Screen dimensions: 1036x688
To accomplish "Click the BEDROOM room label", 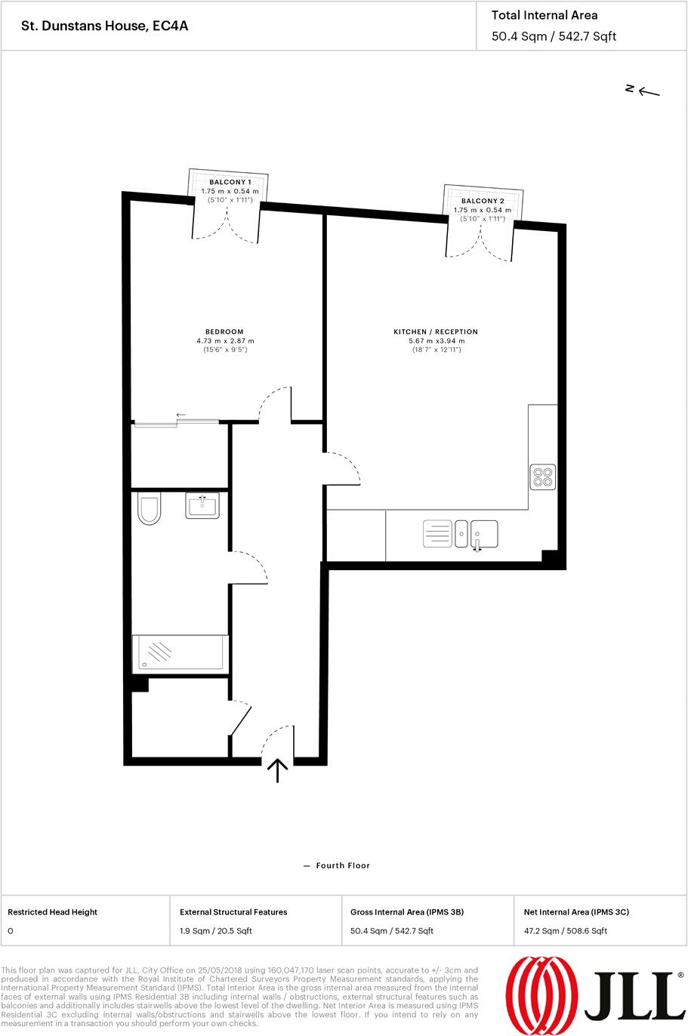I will [x=224, y=331].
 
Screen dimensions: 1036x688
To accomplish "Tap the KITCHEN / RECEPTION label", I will [x=436, y=331].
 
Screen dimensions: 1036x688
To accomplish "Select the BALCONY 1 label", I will [x=230, y=183].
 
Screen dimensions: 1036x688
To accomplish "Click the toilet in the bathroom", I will [x=150, y=509].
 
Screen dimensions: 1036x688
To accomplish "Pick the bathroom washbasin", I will [x=202, y=505].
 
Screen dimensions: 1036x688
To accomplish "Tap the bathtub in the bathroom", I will [x=180, y=653].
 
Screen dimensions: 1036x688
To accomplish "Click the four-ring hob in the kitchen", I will [x=543, y=476].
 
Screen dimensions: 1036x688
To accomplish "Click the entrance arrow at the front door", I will [x=278, y=770].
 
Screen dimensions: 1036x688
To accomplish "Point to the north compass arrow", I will [x=648, y=91].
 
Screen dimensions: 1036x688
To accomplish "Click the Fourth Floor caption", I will [x=343, y=865].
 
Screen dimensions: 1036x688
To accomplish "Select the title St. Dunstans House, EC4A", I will [x=105, y=26].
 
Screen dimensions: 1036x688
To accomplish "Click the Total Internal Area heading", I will [x=544, y=15].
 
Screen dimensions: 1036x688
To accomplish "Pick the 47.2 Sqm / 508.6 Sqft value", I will [x=565, y=930].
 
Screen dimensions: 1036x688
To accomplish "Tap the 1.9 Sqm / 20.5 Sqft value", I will [x=216, y=930].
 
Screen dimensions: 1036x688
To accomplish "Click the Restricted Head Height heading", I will [x=52, y=912].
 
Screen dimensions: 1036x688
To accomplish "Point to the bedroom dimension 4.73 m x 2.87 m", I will [x=224, y=341].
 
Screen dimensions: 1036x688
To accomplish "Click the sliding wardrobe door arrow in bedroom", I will [x=181, y=415].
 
